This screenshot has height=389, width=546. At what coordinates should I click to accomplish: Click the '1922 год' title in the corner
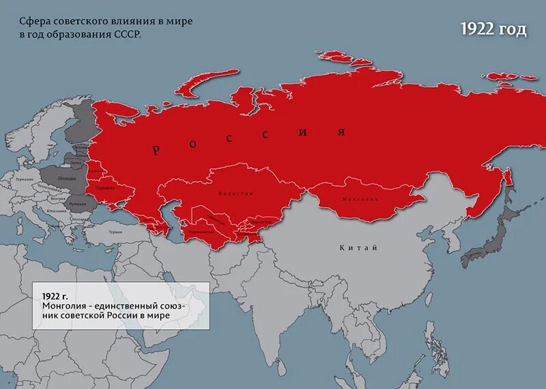(x=493, y=30)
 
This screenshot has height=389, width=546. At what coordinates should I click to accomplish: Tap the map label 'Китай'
(x=358, y=247)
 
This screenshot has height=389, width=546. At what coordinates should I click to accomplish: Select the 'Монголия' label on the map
(x=359, y=199)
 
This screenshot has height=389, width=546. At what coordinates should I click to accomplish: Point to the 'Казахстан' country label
(x=235, y=193)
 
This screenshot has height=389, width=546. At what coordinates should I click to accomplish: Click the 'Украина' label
(x=105, y=187)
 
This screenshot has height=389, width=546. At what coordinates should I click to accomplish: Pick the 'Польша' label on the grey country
(x=68, y=177)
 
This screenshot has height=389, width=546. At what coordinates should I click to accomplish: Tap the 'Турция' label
(x=115, y=232)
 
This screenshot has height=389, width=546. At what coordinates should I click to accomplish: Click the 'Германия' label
(x=25, y=179)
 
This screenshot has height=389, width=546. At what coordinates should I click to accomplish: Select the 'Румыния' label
(x=77, y=204)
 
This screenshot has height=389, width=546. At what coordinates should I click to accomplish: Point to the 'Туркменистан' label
(x=201, y=232)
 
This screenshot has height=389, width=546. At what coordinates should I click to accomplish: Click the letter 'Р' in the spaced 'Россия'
(x=156, y=151)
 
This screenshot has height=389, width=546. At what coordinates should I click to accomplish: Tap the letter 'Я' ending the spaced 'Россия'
(x=341, y=131)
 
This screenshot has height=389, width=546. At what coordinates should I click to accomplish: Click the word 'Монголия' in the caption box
(x=61, y=307)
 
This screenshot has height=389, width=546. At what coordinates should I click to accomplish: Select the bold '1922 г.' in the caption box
(x=55, y=296)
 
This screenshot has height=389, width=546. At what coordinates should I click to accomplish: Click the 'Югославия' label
(x=57, y=211)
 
